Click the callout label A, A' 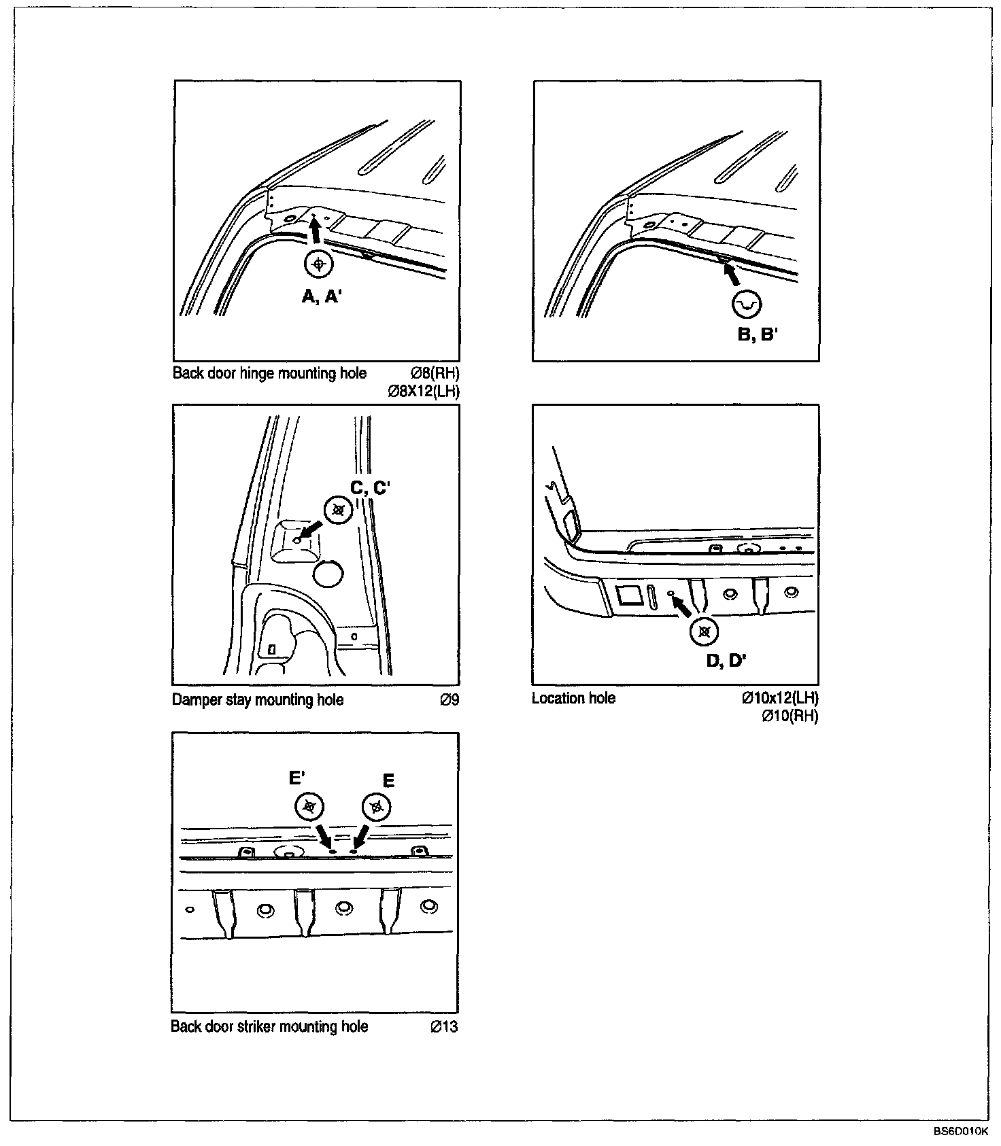pyautogui.click(x=321, y=296)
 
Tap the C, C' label pyautogui.click(x=369, y=488)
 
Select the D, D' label pyautogui.click(x=726, y=660)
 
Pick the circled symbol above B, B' pyautogui.click(x=746, y=305)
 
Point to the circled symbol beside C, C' pyautogui.click(x=339, y=510)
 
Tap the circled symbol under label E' pyautogui.click(x=309, y=807)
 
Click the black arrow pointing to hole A pyautogui.click(x=315, y=233)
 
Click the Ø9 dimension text pyautogui.click(x=449, y=699)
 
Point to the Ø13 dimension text pyautogui.click(x=444, y=1026)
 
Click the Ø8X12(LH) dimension pyautogui.click(x=423, y=391)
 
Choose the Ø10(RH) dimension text pyautogui.click(x=790, y=716)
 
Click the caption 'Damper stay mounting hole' pyautogui.click(x=258, y=699)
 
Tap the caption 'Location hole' pyautogui.click(x=573, y=698)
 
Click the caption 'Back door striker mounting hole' pyautogui.click(x=269, y=1026)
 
